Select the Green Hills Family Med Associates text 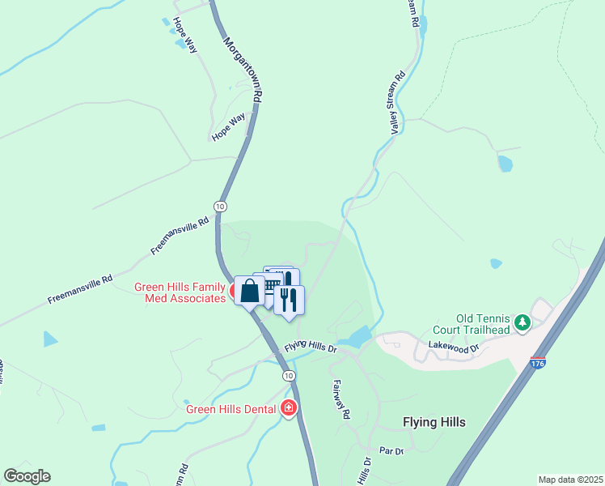(x=180, y=292)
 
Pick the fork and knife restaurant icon (x=289, y=300)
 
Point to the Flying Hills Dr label (x=310, y=347)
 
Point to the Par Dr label (x=391, y=450)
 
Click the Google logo (x=27, y=476)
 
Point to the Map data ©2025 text (x=570, y=480)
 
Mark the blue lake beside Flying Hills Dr (x=356, y=336)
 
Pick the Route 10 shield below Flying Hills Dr (x=289, y=377)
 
